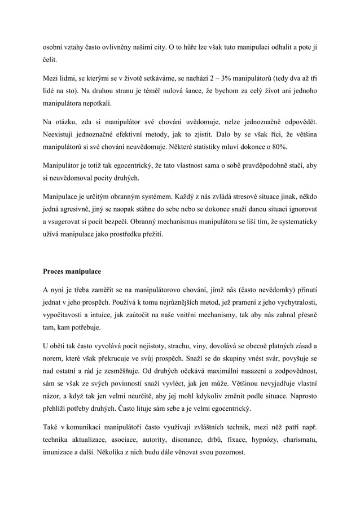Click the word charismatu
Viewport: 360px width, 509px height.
click(299, 440)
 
